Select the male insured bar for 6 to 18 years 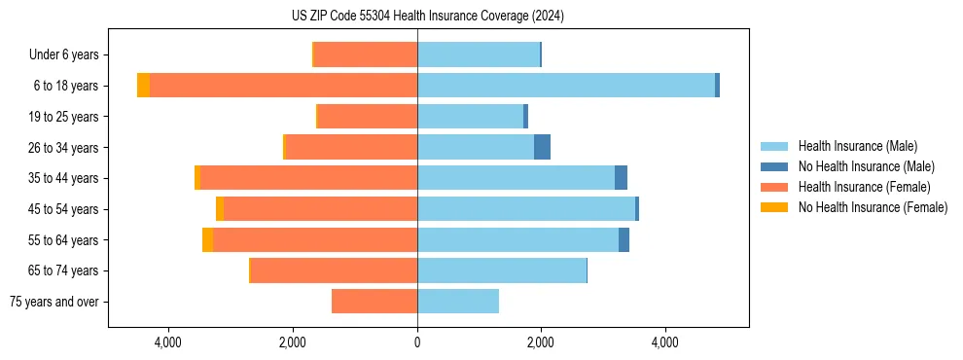(x=566, y=86)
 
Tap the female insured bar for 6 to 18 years (x=284, y=86)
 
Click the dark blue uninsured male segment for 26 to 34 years (x=542, y=147)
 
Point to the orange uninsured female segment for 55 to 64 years (x=207, y=239)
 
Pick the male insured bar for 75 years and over (x=458, y=302)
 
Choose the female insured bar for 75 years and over (x=374, y=302)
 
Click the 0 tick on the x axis (x=417, y=342)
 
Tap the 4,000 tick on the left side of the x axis (x=168, y=342)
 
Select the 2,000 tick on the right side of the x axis (x=541, y=342)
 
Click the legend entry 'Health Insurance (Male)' (x=857, y=146)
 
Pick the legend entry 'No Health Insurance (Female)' (x=873, y=207)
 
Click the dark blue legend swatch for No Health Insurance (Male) (x=775, y=166)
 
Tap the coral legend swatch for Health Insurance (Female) (x=775, y=187)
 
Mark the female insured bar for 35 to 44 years (x=308, y=178)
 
